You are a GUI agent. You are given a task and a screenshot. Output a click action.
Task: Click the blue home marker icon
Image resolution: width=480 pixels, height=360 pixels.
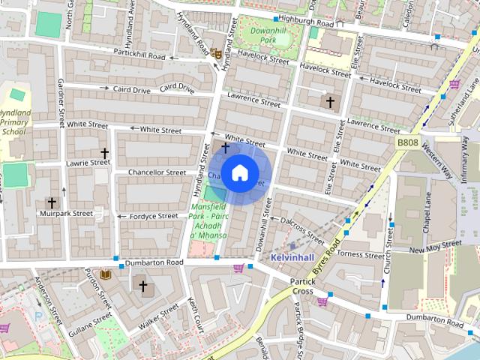point(238,173)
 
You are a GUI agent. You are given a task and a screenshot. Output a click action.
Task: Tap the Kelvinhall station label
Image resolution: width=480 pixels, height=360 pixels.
point(292,257)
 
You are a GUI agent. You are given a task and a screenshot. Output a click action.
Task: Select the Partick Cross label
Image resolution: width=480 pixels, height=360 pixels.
point(302,286)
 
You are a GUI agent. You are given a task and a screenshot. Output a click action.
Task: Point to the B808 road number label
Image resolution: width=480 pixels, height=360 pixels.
point(406,141)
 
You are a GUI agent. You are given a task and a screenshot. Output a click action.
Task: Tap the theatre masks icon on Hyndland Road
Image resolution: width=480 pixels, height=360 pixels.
point(215,53)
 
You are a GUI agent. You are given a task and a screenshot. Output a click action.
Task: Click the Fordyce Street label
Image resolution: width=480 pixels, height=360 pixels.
point(153,216)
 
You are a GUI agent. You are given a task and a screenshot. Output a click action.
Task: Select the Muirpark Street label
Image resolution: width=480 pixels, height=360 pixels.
point(67,214)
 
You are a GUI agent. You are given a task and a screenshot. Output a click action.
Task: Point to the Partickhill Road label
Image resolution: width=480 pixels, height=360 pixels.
point(139,55)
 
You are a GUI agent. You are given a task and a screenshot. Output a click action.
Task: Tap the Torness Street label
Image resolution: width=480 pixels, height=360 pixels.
point(360,253)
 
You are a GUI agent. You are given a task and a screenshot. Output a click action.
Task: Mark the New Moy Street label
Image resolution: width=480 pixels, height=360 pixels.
point(435,246)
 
